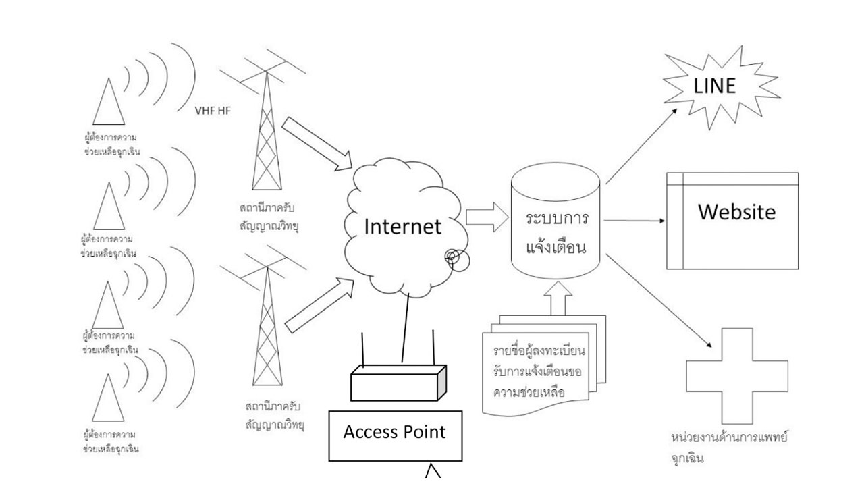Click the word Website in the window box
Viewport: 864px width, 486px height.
point(736,212)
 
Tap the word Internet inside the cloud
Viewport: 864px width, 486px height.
point(403,226)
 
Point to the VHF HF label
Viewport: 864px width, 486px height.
point(213,111)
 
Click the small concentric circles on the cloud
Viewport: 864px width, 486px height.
point(453,257)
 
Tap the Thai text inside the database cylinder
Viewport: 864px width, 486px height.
point(556,234)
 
